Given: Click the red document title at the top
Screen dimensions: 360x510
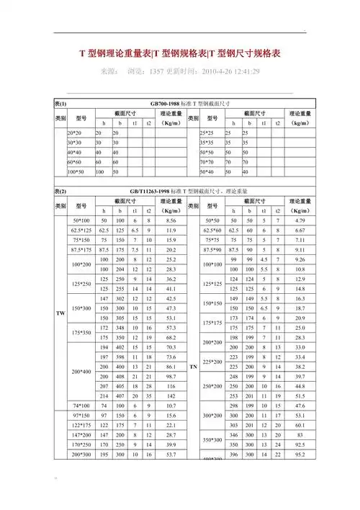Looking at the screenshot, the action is click(x=180, y=54).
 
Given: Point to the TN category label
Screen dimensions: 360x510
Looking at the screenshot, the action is click(x=193, y=367).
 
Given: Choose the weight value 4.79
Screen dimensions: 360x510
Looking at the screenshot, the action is click(x=301, y=220).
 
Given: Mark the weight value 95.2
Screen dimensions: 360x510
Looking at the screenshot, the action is click(x=301, y=455).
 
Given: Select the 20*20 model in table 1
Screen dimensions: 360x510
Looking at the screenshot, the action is click(x=75, y=133).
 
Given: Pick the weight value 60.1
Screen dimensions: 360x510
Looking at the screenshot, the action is click(x=301, y=425).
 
